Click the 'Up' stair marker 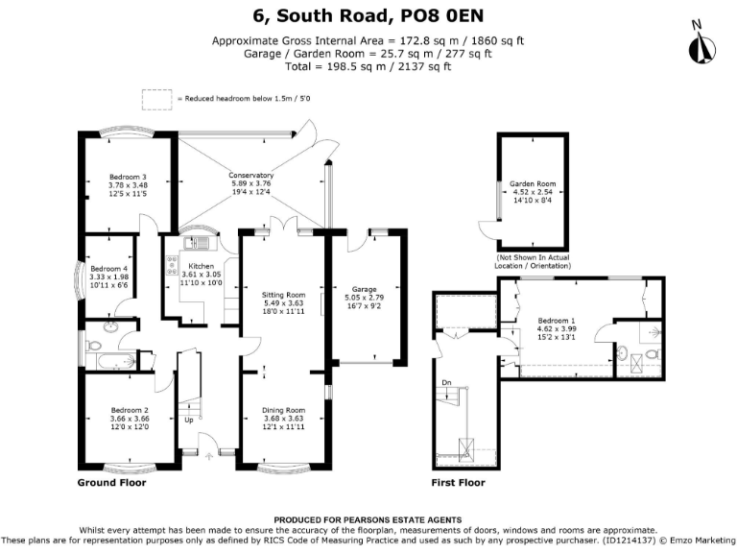[188, 420]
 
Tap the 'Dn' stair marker [446, 383]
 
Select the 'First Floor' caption [458, 483]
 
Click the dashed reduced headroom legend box [155, 98]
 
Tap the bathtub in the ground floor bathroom [109, 361]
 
